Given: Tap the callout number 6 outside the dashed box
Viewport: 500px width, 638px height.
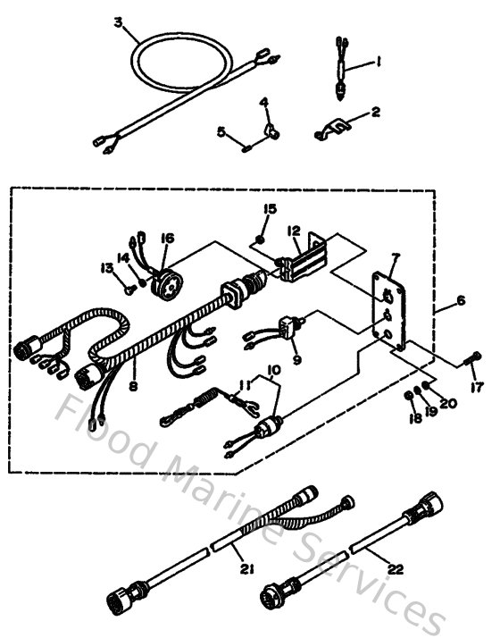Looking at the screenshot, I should tap(461, 302).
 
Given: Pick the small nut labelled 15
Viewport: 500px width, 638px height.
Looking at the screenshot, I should tap(256, 238).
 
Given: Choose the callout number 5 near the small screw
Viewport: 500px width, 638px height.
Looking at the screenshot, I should tap(221, 131).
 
